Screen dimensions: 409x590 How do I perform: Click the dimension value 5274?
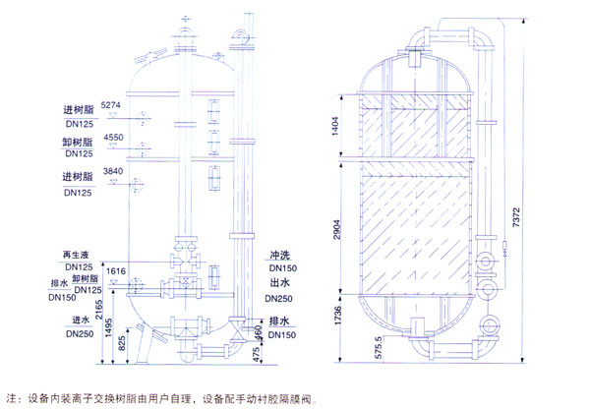[111, 104]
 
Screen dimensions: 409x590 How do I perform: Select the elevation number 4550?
[111, 139]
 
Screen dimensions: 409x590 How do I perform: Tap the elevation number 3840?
[111, 173]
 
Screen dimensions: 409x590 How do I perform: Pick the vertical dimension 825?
[122, 343]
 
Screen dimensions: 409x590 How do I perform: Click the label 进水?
[83, 321]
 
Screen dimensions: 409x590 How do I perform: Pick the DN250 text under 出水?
[280, 299]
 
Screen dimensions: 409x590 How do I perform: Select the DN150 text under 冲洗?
[280, 268]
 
